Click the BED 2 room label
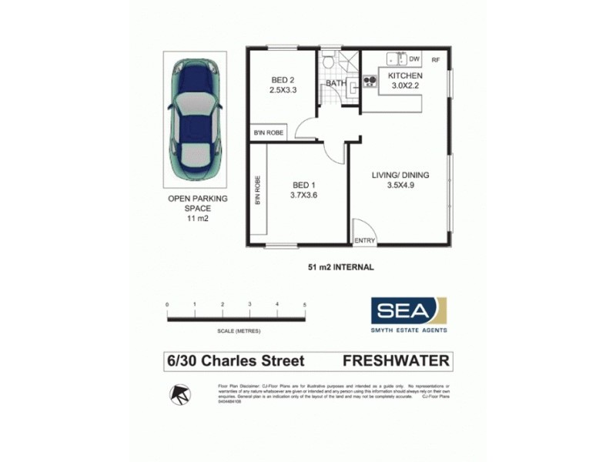pos(283,80)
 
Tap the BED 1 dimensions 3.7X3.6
pos(305,195)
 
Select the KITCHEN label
pos(404,76)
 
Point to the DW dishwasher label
pos(414,59)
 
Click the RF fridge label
pos(435,59)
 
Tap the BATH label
pos(336,83)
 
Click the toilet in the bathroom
pos(328,62)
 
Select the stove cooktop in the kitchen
pos(369,80)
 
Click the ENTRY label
pos(364,241)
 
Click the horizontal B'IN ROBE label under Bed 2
pos(268,133)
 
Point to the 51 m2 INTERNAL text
pos(340,267)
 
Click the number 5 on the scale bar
pos(304,305)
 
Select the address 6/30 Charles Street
pos(236,360)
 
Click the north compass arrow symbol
pos(180,395)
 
